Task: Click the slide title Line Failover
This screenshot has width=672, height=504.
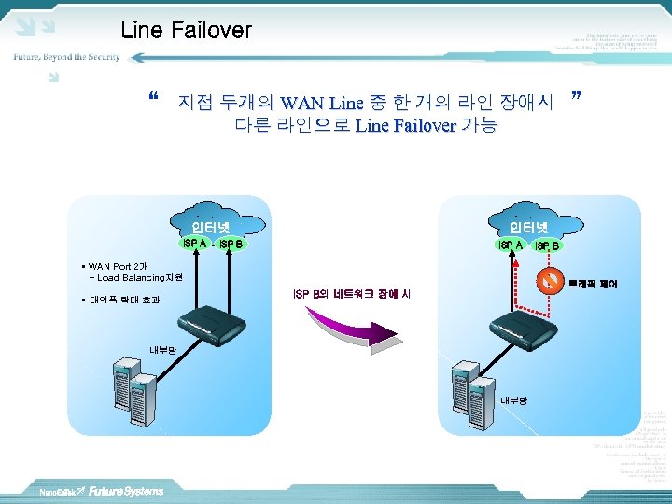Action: coord(186,30)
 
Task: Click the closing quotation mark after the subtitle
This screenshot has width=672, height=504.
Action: coord(575,97)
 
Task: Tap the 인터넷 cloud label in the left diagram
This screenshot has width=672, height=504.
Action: coord(210,227)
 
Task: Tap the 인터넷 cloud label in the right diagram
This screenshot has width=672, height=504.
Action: coord(529,227)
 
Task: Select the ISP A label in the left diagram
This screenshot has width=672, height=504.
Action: coord(195,244)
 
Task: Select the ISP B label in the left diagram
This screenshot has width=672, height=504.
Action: coord(231,245)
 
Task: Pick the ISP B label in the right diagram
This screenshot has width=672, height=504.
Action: coord(547,245)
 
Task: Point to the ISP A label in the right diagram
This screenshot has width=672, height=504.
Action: coord(511,245)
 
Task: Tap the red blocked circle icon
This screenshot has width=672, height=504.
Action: coord(551,281)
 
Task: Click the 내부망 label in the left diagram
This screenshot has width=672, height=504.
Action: coord(162,351)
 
